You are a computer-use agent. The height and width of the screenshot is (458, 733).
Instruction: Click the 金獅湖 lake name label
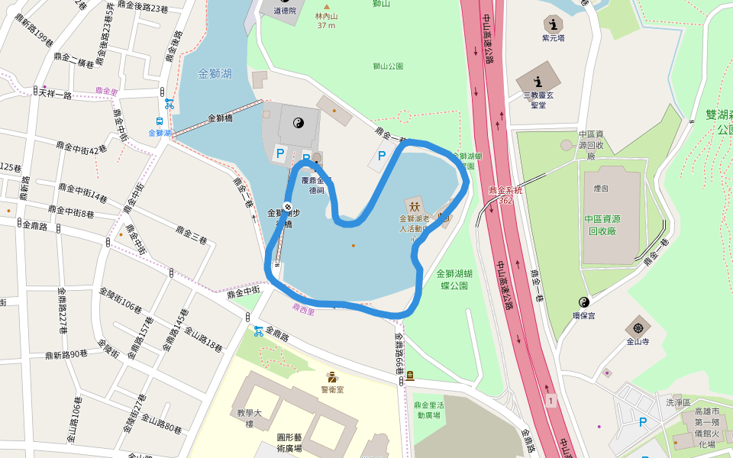(x=214, y=74)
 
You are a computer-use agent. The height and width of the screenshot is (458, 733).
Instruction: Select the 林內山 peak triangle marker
(x=326, y=6)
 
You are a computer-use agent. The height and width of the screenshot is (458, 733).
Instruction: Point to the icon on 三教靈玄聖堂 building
(x=538, y=81)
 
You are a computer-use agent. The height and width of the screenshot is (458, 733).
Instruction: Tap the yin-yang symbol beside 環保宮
(x=584, y=302)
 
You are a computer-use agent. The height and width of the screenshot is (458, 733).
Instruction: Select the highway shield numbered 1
(x=550, y=400)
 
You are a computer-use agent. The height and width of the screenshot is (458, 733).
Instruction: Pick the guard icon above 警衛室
(x=332, y=376)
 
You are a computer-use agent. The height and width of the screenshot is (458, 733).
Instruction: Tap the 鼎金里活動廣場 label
(x=429, y=410)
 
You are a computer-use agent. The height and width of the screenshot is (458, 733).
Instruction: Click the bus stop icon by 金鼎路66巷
(x=410, y=374)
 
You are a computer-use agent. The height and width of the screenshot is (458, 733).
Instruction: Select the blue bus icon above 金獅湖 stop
(x=160, y=121)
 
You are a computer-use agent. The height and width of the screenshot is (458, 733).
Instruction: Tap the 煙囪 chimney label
(x=601, y=187)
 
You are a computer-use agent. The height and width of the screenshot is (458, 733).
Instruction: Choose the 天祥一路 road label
(x=56, y=95)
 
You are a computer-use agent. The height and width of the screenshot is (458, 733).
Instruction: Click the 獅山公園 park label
(x=388, y=66)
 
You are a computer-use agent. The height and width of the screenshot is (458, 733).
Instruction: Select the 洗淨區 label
(x=677, y=402)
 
